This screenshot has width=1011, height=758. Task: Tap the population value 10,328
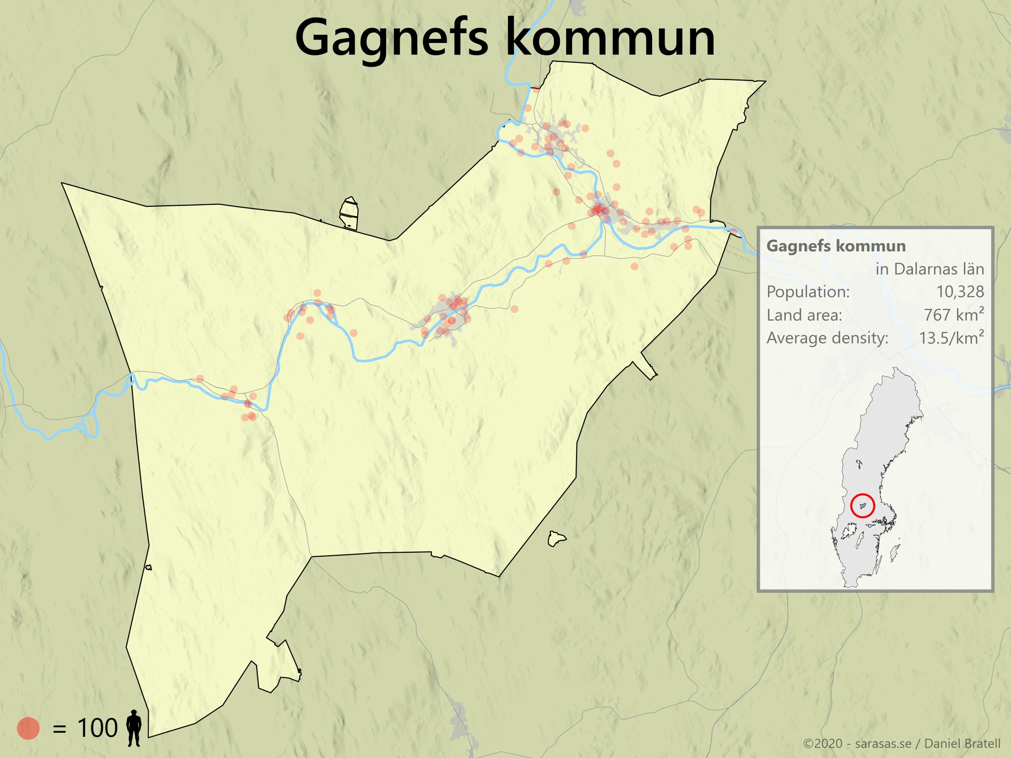pos(960,292)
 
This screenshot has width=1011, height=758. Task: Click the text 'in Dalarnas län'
pos(930,269)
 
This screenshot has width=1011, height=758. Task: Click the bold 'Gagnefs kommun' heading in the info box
pos(836,246)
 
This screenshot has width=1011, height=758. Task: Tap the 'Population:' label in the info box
pos(808,292)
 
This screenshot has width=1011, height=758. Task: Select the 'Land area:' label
pos(804,315)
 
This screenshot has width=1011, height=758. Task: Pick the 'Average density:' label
pos(827,338)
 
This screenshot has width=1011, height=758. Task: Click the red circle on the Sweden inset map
pos(863,505)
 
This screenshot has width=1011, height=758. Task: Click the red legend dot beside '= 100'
pos(28,728)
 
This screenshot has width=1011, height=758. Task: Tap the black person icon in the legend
pos(134,728)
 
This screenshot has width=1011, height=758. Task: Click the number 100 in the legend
pos(97,728)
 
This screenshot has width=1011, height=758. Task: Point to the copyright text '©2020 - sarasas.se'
pos(857,744)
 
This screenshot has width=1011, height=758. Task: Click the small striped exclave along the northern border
pos(349,213)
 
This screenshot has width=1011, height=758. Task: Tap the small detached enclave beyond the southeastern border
pos(556,538)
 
